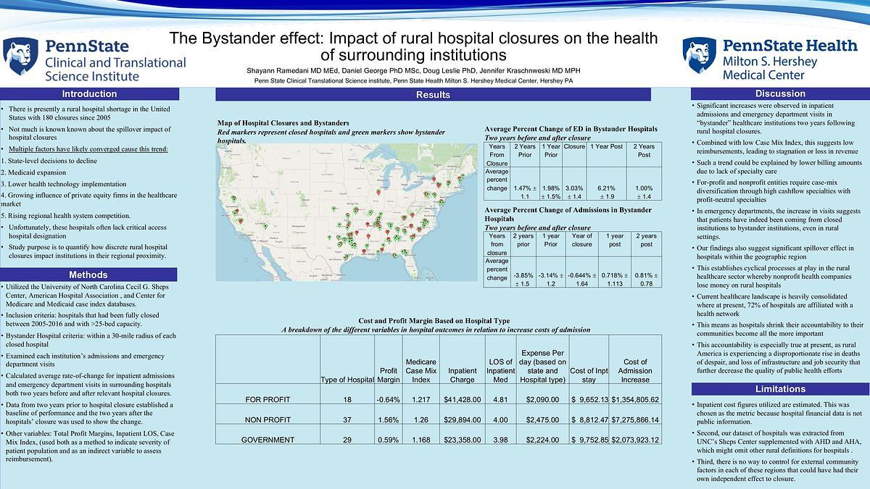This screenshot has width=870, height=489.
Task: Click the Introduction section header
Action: (89, 93)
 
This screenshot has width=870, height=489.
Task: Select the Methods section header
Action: (89, 275)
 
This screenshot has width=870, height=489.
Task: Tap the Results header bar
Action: (433, 95)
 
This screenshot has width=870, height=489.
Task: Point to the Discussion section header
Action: (780, 93)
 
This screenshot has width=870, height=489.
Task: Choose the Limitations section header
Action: (780, 389)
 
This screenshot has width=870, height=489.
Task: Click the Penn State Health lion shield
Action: (700, 56)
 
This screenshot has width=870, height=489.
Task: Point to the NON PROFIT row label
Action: (269, 419)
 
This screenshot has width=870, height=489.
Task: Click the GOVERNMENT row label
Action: (268, 440)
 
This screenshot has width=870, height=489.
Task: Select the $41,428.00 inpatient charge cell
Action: (462, 400)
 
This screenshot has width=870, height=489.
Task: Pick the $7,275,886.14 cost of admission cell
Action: (635, 419)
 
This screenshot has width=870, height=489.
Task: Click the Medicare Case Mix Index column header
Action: (420, 370)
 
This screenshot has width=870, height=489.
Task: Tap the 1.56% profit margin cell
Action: (389, 419)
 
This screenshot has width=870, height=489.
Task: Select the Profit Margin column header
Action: (389, 375)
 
